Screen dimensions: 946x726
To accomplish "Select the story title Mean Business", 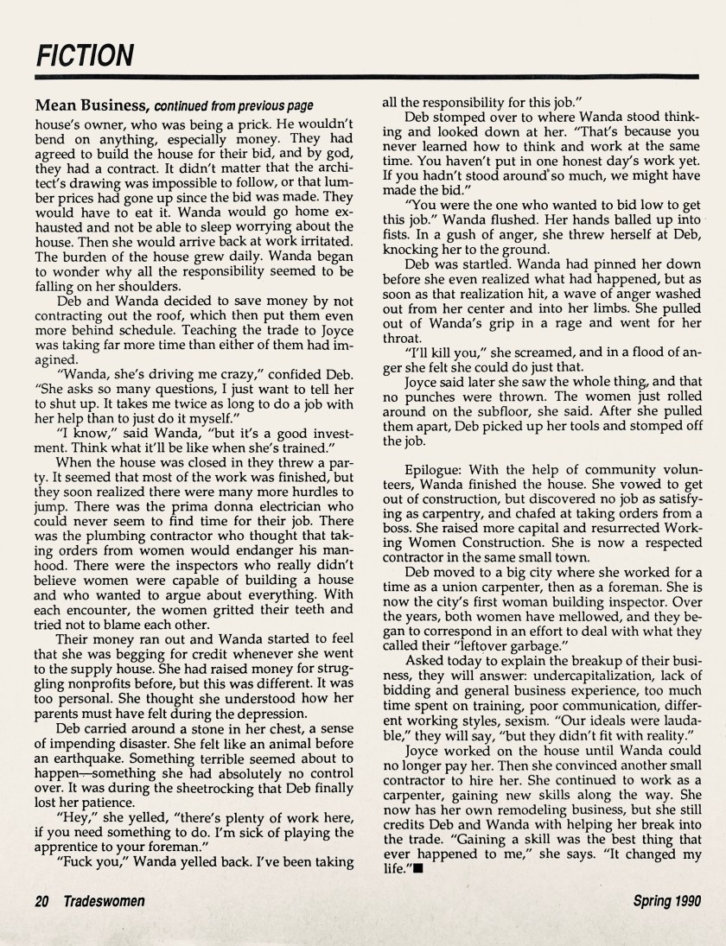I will [x=92, y=105].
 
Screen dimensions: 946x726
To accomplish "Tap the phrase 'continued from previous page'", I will [x=233, y=106].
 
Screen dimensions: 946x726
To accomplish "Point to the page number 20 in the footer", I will [x=42, y=901].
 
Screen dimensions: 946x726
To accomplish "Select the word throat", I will [x=401, y=339].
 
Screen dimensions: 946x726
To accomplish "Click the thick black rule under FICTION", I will [x=362, y=78].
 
